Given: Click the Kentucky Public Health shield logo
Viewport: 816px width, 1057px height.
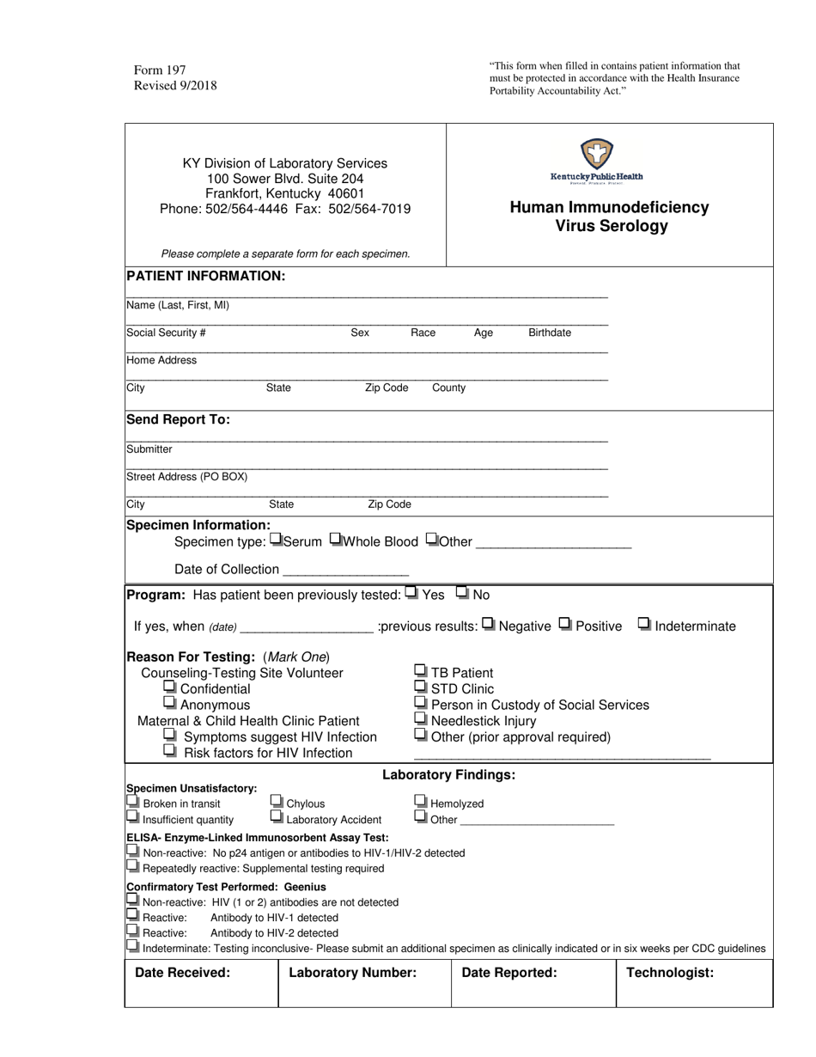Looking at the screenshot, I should point(596,155).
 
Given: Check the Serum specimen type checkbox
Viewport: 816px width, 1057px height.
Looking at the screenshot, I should point(276,541).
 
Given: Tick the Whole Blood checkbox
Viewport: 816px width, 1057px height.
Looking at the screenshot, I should point(336,541).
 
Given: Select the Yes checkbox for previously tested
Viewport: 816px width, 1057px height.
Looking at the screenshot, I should point(411,593).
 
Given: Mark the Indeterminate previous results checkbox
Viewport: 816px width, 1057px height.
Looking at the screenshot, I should point(644,625).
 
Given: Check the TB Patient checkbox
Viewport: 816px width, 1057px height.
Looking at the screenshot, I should point(421,671).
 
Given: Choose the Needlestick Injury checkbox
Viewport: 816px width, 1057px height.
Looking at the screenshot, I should point(421,719).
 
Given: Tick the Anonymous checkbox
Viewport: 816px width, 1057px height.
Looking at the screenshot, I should point(170,704).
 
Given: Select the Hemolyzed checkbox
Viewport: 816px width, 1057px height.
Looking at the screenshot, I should point(421,802).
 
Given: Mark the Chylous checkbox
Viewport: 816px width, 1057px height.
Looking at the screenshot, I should point(277,802).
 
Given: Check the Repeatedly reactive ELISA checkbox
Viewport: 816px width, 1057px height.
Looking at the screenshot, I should point(132,867).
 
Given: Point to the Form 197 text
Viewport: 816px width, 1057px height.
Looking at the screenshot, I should point(160,70).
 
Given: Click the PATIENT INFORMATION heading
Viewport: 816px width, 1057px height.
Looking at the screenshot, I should point(205,276).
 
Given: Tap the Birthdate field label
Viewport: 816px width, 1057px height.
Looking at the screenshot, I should point(549,333).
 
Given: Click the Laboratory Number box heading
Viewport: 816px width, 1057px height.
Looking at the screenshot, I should point(352,973).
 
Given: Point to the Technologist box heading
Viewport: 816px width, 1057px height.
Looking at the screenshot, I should point(670,973).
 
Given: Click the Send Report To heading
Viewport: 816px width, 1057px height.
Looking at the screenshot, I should point(178,420).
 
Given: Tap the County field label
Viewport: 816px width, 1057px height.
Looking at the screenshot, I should point(448,388).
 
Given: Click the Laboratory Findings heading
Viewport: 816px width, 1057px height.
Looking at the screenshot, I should point(448,775).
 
